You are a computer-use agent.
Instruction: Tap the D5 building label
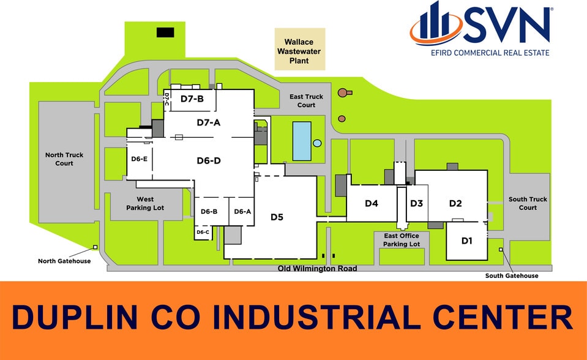[x=277, y=217]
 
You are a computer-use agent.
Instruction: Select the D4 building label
[x=372, y=203]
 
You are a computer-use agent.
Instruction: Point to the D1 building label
[x=467, y=241]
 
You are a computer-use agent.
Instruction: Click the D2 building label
[x=455, y=203]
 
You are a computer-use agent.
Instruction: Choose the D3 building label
[x=417, y=203]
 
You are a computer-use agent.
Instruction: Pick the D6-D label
[x=209, y=160]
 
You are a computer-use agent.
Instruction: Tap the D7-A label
[x=209, y=122]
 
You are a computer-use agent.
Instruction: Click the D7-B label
[x=192, y=99]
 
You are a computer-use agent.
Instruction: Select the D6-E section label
[x=139, y=159]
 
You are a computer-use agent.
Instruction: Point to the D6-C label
[x=203, y=232]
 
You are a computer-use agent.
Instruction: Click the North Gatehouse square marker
[x=95, y=247]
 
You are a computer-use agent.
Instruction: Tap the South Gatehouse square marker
[x=501, y=249]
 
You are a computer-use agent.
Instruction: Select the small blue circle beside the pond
[x=317, y=143]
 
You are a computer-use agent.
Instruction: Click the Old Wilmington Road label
[x=317, y=269]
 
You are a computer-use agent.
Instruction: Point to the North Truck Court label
[x=64, y=159]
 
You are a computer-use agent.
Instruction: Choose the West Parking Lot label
[x=145, y=203]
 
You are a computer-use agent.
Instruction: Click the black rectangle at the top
[x=165, y=32]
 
